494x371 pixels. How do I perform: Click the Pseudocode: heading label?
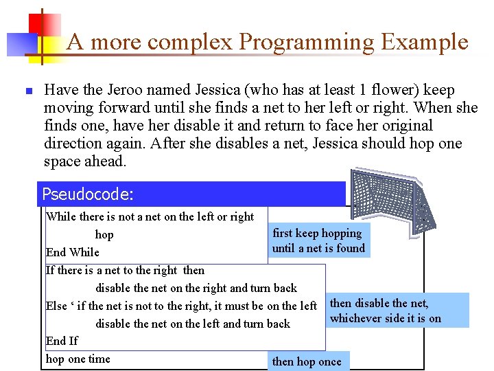point(87,194)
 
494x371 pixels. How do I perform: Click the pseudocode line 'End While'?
point(72,252)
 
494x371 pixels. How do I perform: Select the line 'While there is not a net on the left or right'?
point(150,216)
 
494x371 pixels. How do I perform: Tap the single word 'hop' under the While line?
point(104,234)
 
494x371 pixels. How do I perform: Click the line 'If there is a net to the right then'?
point(125,270)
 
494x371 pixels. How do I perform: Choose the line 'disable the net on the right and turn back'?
point(196,288)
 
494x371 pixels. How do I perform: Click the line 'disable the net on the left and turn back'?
point(193,324)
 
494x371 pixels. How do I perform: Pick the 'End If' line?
point(62,341)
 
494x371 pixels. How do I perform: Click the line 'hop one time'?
point(78,359)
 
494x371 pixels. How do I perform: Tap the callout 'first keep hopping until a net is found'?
point(318,240)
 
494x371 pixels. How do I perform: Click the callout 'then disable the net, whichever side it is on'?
point(386,311)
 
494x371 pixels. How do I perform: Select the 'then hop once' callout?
point(307,361)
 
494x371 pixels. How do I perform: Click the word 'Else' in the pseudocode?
point(58,306)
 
